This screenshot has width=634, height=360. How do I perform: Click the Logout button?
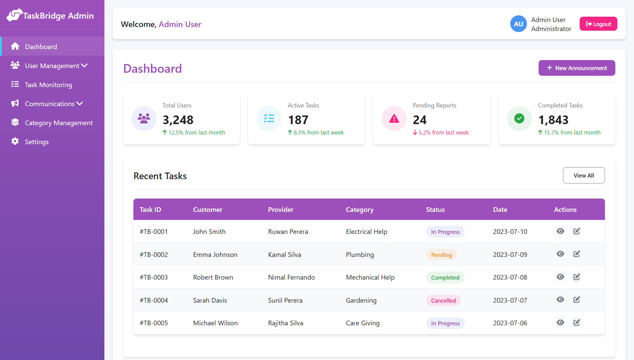[598, 24]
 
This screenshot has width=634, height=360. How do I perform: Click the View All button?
[584, 175]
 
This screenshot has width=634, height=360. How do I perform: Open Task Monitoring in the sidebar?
[48, 85]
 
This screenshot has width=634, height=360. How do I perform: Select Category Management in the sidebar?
[59, 123]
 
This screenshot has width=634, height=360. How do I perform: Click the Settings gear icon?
[15, 141]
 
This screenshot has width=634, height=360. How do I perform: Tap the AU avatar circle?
[518, 24]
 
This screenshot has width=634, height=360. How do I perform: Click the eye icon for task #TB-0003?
[560, 277]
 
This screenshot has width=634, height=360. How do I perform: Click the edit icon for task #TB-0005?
[577, 323]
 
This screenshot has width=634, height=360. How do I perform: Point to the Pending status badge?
[441, 255]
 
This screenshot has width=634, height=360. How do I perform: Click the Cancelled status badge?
[443, 301]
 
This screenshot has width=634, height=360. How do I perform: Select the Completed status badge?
[445, 278]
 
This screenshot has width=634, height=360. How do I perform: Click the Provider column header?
[280, 210]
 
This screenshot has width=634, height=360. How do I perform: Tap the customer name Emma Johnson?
[215, 255]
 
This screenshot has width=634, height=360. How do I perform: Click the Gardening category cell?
[361, 300]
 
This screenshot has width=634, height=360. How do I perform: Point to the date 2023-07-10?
[510, 232]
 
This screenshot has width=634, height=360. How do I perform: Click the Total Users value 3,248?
[178, 120]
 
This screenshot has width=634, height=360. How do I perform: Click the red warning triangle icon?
[394, 118]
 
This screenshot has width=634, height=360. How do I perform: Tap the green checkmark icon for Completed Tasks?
[519, 118]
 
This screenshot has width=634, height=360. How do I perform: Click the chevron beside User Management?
[84, 66]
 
